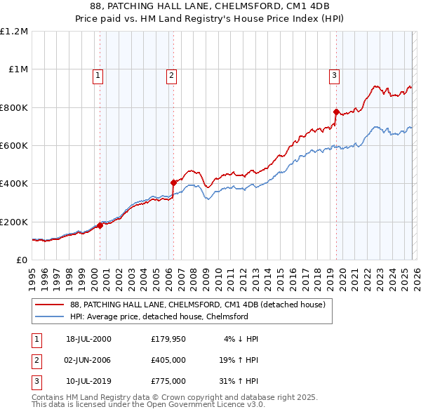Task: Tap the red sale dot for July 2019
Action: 336,112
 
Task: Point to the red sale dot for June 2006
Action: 173,182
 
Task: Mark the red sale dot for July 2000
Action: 100,225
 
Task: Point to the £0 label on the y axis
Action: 21,260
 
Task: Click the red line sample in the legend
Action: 51,305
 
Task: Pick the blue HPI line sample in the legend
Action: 51,316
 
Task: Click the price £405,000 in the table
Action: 168,361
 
